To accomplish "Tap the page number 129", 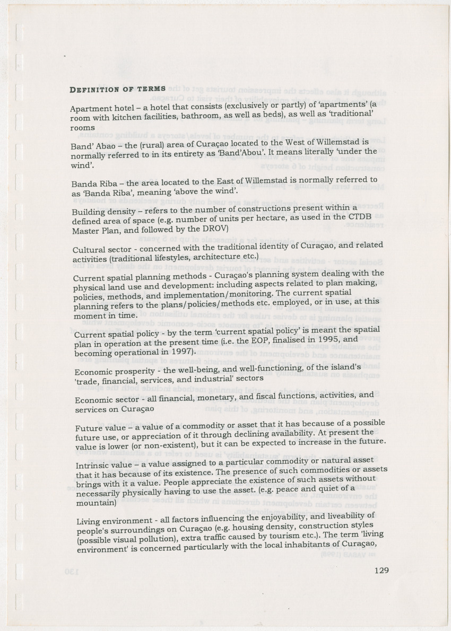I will tap(381, 571).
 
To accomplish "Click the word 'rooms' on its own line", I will tap(83, 128).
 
